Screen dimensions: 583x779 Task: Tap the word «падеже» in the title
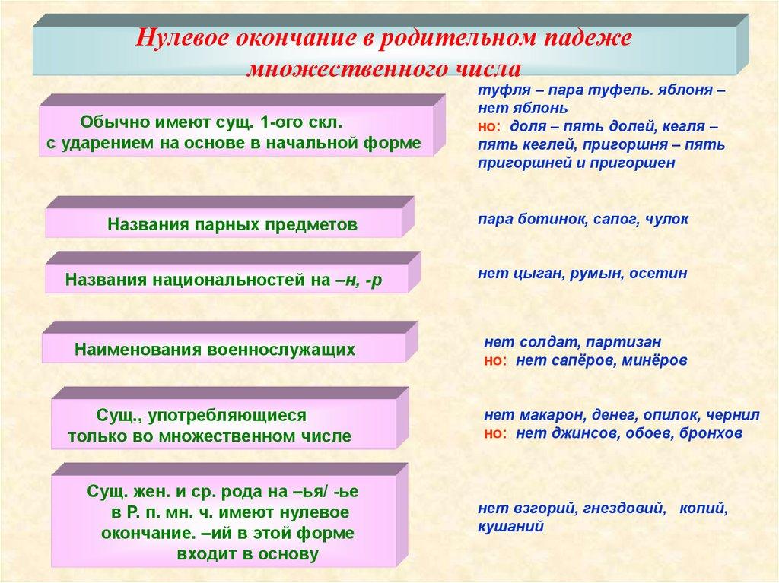[x=583, y=39]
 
